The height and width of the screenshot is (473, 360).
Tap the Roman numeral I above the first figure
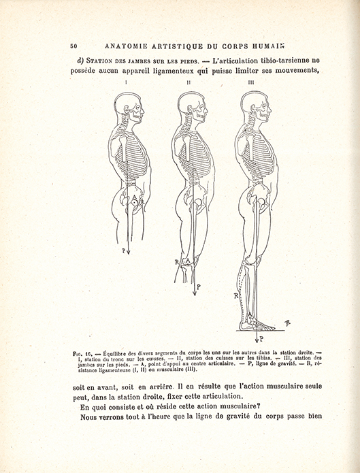pyautogui.click(x=127, y=83)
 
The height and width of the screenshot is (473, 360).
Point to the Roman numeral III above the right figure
pyautogui.click(x=251, y=83)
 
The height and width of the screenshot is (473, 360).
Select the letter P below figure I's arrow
pyautogui.click(x=123, y=250)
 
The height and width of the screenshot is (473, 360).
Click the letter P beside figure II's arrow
pyautogui.click(x=198, y=287)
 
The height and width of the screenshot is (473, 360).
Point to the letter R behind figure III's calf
pyautogui.click(x=235, y=295)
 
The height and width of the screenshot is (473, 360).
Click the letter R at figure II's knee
pyautogui.click(x=176, y=262)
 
